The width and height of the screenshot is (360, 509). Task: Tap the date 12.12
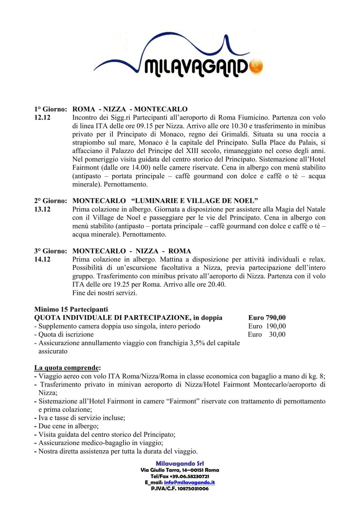42,117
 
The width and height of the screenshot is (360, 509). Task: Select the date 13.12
42,209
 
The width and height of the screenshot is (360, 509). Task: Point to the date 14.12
42,259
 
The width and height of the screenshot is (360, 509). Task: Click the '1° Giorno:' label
51,109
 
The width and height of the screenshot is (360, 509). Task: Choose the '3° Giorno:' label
51,251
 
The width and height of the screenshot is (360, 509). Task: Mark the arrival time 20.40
217,285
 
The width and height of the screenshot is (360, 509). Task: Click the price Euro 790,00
267,318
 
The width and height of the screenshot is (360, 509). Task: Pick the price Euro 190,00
267,326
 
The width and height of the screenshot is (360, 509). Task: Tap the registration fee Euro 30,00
267,335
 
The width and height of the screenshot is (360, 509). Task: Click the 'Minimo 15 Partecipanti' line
71,309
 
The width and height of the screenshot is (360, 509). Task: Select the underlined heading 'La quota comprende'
67,368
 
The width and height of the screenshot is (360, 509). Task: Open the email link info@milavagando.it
189,483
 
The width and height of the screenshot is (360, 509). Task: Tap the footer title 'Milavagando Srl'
180,464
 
